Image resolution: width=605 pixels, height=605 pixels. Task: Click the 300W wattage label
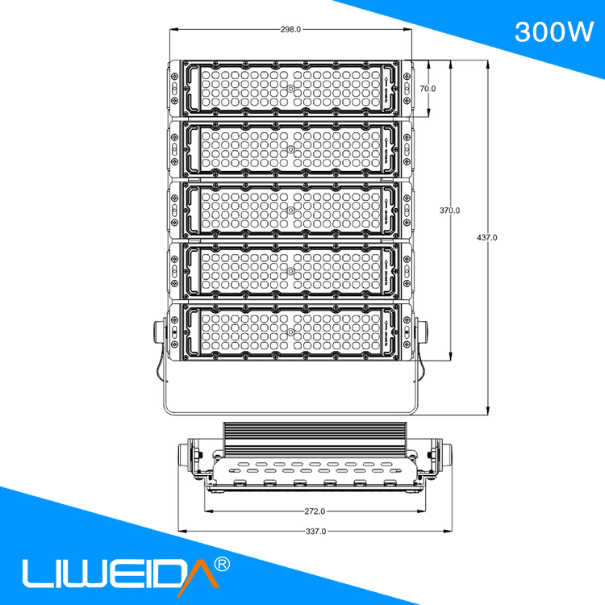(553, 31)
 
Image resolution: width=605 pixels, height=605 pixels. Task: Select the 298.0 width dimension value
(290, 29)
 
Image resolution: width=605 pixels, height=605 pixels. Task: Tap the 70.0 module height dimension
(428, 88)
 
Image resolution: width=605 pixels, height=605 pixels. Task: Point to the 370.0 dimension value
(449, 211)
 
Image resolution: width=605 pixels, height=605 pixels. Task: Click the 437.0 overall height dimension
(487, 238)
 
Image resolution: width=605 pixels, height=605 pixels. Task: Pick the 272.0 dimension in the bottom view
(315, 511)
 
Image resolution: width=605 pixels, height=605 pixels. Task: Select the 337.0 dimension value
(315, 532)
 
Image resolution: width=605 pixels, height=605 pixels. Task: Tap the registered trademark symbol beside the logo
(223, 561)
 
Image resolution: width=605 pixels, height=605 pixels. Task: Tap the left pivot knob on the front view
(157, 332)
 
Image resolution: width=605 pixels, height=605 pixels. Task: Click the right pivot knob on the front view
(423, 332)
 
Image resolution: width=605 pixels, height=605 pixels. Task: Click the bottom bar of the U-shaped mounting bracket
(290, 415)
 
